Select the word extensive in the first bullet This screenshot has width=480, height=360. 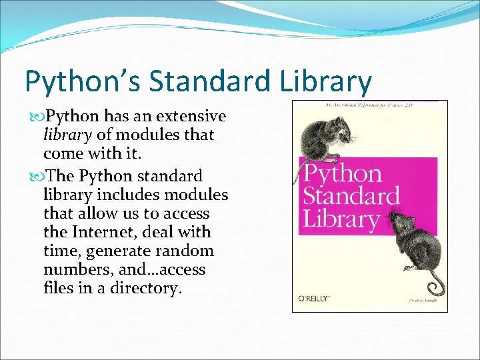pos(193,117)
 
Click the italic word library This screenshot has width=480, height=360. pos(68,135)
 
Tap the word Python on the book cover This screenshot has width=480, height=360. pos(342,174)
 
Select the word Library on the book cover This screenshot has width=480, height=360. pos(341,219)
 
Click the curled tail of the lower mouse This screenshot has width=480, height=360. pos(436,287)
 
